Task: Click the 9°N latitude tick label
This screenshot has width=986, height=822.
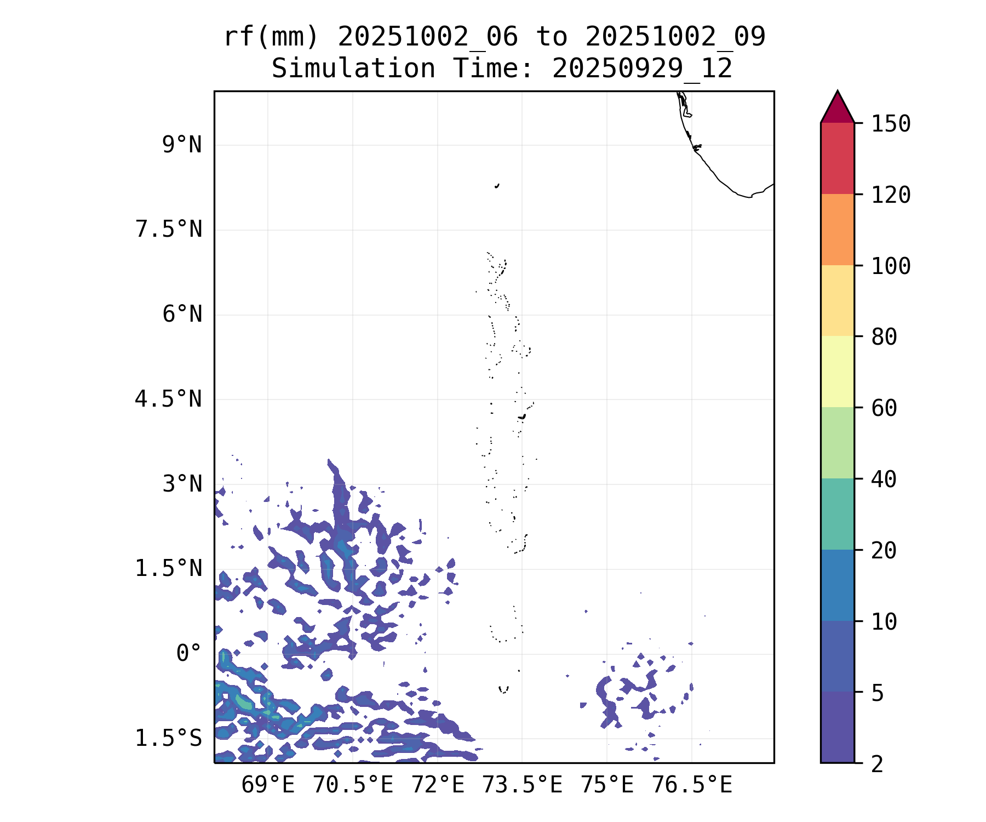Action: tap(182, 145)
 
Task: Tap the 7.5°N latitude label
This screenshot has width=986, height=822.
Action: tap(169, 230)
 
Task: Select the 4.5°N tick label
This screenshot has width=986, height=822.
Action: tap(169, 399)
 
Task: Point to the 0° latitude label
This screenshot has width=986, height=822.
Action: tap(189, 653)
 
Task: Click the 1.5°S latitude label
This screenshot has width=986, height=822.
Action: tap(169, 739)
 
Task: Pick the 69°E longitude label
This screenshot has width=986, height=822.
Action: tap(268, 785)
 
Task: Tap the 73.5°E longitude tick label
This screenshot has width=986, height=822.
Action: tap(522, 785)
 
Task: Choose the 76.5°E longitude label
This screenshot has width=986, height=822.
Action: tap(691, 785)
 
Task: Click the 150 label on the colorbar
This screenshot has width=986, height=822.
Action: tap(891, 124)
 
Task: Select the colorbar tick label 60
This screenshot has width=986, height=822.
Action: tap(884, 408)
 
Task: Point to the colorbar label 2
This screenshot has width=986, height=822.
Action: tap(878, 764)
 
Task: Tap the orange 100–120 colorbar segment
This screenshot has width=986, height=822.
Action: tap(837, 230)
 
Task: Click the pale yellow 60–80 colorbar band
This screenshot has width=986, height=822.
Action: tap(837, 372)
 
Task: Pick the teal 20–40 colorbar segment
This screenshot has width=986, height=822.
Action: tap(837, 513)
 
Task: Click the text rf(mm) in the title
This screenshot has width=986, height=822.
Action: tap(271, 37)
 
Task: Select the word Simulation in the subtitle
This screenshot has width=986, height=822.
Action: tap(353, 69)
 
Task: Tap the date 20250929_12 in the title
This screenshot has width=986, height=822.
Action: tap(642, 69)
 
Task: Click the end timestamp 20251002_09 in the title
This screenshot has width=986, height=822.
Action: tap(675, 37)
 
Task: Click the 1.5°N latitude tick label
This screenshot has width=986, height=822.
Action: tap(169, 569)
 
